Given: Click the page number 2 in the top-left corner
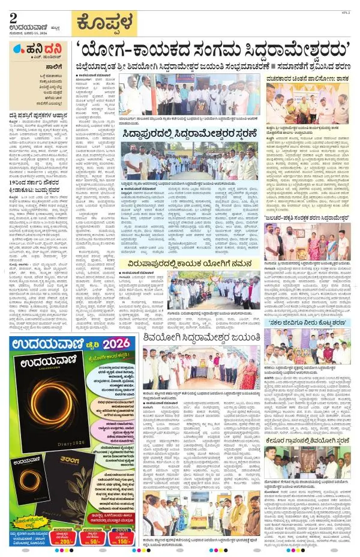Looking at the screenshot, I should pyautogui.click(x=13, y=17).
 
